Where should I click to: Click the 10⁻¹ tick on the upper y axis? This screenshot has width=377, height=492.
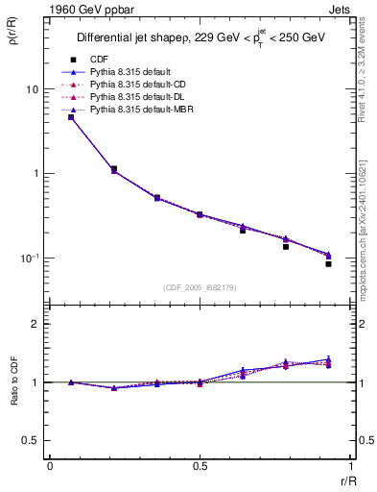click(31, 258)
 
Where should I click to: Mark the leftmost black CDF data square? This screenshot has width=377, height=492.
click(71, 117)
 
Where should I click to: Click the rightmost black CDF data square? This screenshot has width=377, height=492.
click(328, 263)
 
